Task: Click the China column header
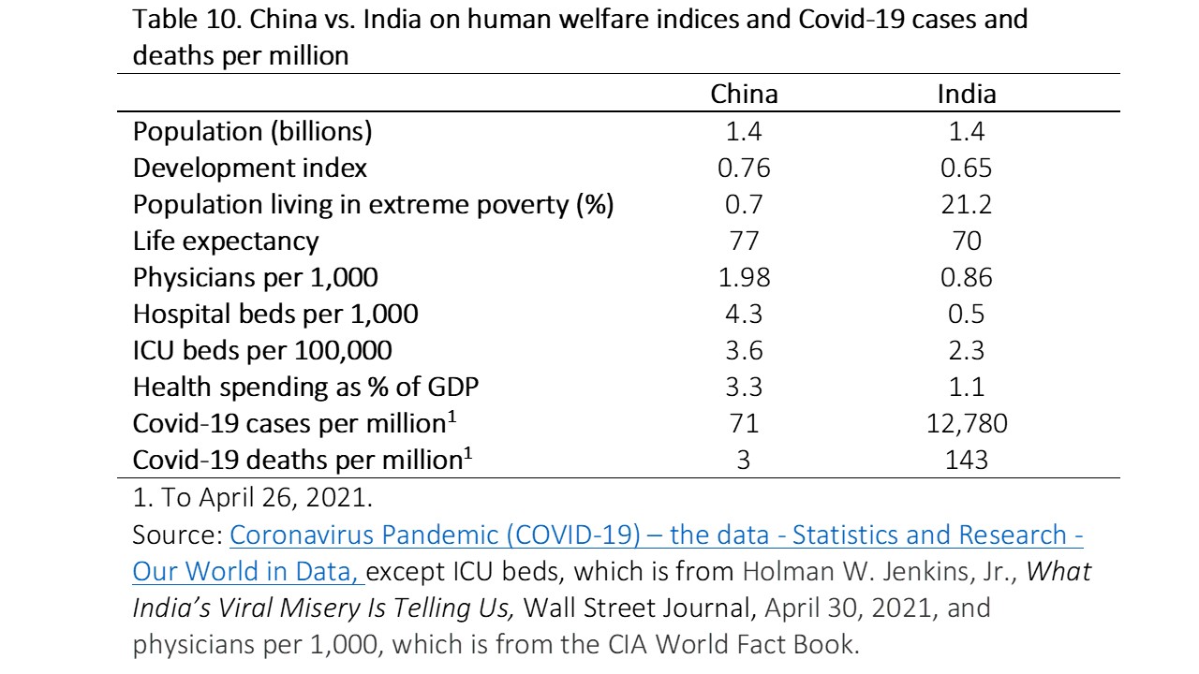(x=745, y=95)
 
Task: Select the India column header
(x=967, y=95)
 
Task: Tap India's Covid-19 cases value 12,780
(x=967, y=423)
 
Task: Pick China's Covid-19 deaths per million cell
(x=745, y=460)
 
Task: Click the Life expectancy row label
(x=226, y=242)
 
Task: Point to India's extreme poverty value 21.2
(x=967, y=205)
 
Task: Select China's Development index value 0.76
(x=745, y=168)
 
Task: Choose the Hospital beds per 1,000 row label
(x=275, y=314)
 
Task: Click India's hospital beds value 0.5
(x=967, y=314)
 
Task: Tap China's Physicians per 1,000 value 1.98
(x=745, y=278)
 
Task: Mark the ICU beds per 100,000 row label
(x=262, y=350)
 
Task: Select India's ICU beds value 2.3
(x=967, y=350)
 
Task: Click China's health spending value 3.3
(x=745, y=387)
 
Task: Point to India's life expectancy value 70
(x=967, y=242)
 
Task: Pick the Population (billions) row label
(x=252, y=132)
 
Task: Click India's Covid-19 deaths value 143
(x=967, y=460)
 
